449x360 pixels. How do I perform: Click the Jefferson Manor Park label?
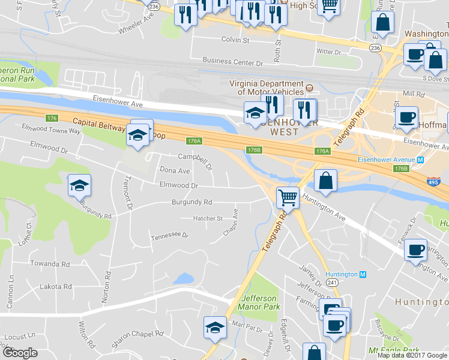(x=259, y=302)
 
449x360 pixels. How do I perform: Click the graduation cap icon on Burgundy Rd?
(x=79, y=187)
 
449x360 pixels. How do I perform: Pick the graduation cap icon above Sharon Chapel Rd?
(x=215, y=327)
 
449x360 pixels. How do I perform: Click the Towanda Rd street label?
(x=50, y=263)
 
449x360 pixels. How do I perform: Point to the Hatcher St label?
(x=208, y=218)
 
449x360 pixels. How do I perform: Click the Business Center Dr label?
(x=233, y=61)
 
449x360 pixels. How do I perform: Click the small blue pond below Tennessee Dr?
(x=183, y=278)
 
